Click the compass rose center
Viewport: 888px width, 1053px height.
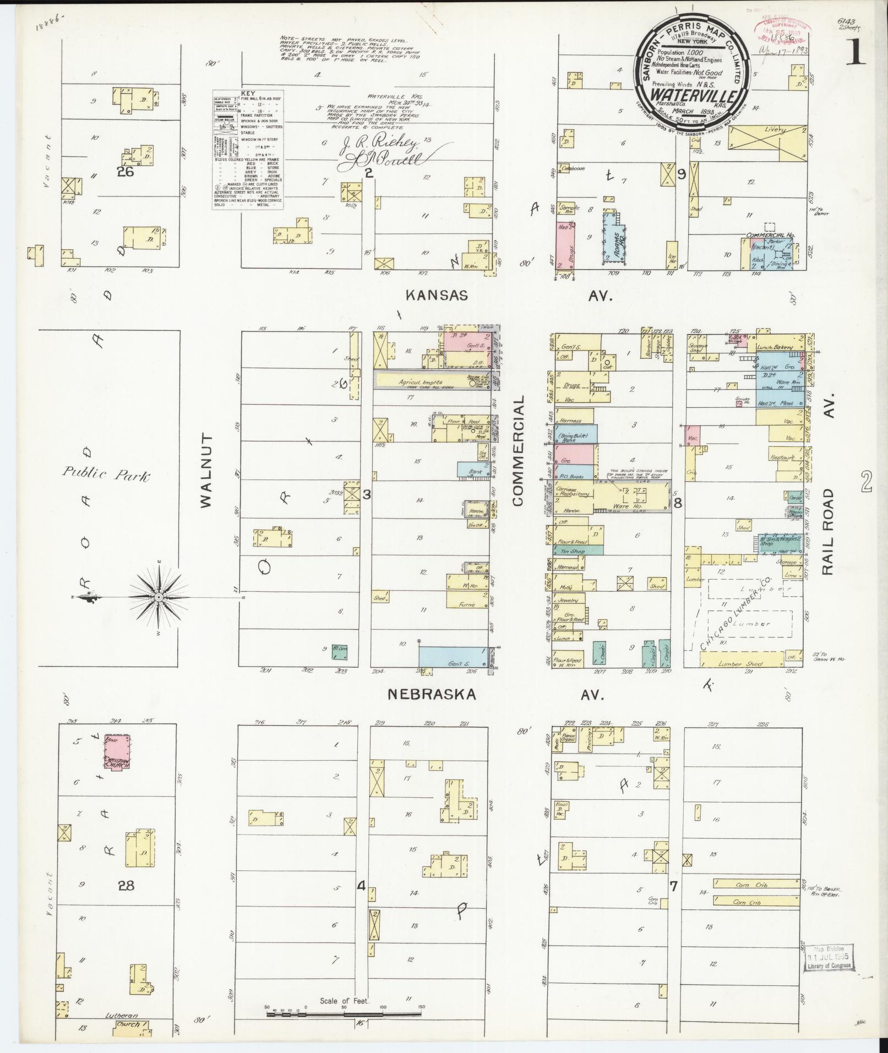pyautogui.click(x=159, y=597)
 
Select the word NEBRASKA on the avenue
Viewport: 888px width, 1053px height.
pyautogui.click(x=432, y=694)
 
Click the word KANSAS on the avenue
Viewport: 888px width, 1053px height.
pyautogui.click(x=437, y=296)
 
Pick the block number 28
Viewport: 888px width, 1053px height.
pyautogui.click(x=127, y=885)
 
